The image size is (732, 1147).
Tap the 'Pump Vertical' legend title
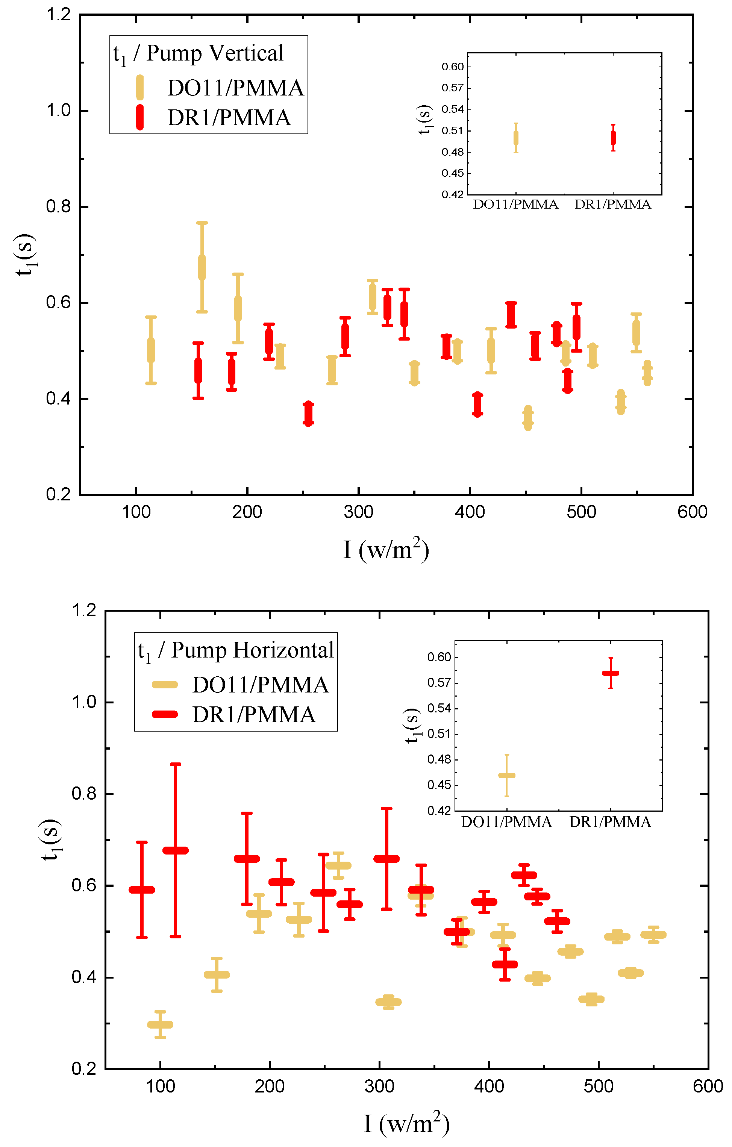coord(214,53)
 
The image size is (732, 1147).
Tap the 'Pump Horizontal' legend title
coord(252,650)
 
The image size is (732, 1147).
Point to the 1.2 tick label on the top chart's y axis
coord(58,15)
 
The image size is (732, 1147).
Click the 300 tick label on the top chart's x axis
coord(358,512)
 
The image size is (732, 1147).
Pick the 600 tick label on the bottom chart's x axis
coord(707,1086)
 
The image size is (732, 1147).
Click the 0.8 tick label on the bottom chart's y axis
coord(83,794)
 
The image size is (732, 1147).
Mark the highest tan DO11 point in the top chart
coord(202,267)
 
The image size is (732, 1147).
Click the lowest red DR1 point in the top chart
coord(309,414)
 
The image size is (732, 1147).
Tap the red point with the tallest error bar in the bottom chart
coord(175,850)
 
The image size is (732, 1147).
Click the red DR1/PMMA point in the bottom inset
coord(610,673)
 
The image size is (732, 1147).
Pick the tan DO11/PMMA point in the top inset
coord(516,138)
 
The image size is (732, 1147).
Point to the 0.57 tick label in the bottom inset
coord(439,683)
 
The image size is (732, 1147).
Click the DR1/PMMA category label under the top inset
coord(612,205)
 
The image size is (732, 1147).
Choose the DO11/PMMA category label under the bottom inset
coord(506,822)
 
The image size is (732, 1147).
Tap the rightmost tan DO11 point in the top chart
coord(647,373)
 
